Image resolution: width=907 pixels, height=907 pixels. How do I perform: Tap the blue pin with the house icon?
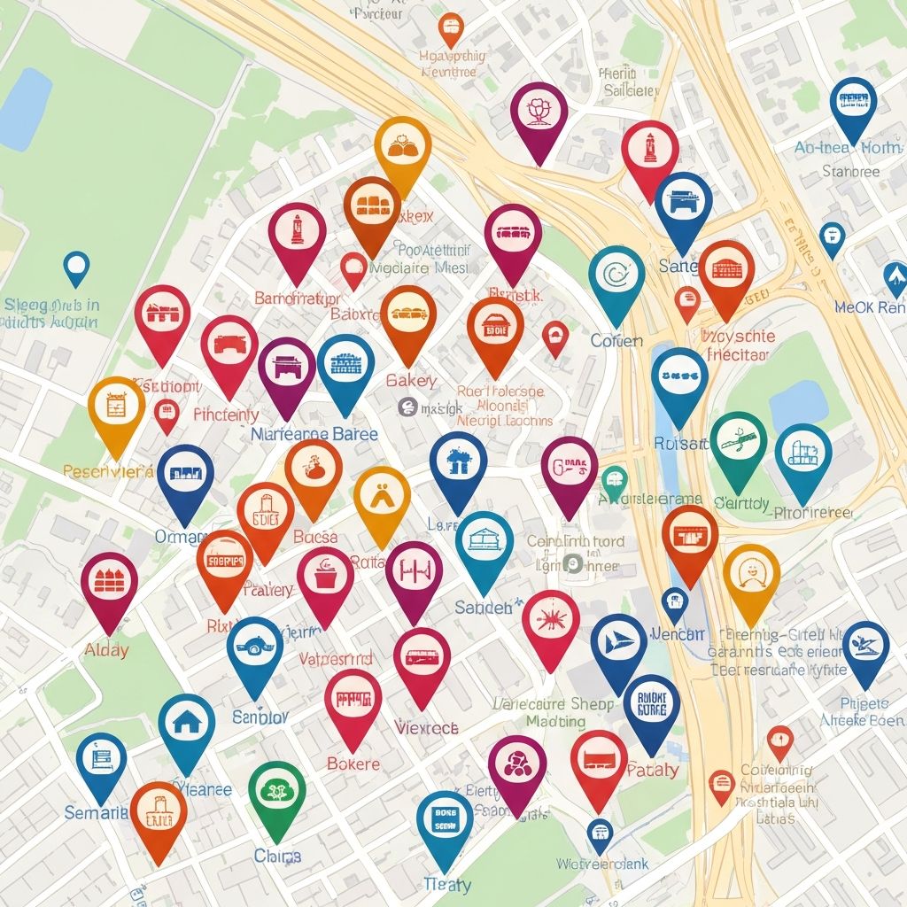187,723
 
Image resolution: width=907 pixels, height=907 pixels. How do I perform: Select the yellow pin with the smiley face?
751,574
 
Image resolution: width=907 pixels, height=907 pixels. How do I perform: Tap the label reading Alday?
106,649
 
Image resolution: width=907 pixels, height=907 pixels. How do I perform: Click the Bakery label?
411,381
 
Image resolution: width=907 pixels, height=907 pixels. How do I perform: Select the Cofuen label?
616,341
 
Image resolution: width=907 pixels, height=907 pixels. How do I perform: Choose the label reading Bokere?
353,764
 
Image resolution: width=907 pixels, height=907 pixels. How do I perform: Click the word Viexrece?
426,728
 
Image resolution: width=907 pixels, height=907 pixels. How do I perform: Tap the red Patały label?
652,770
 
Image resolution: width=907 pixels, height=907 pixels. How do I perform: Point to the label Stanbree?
850,171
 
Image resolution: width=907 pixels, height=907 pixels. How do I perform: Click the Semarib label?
96,812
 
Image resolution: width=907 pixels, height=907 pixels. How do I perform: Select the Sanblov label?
260,717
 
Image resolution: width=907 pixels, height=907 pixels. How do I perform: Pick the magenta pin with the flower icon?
539,112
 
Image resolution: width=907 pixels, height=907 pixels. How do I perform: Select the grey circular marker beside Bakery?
407,407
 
